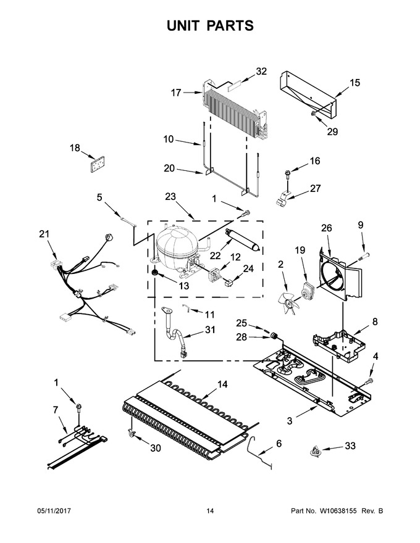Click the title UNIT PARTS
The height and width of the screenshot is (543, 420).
tap(210, 26)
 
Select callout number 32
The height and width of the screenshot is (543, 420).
tap(261, 72)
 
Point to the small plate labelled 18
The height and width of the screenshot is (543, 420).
tap(97, 164)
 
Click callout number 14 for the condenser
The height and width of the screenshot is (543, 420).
tap(222, 384)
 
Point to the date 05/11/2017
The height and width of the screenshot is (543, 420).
tap(54, 511)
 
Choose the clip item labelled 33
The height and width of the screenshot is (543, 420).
tap(316, 451)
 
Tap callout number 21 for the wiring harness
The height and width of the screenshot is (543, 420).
tap(44, 234)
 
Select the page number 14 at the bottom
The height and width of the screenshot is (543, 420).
tap(210, 511)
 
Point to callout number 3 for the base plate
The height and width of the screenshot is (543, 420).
tap(290, 421)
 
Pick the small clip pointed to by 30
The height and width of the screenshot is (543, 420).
tap(132, 432)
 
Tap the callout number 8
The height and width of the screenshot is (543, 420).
tap(375, 321)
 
